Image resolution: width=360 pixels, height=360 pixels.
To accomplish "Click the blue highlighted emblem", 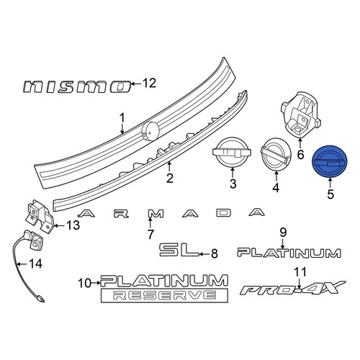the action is click(x=330, y=161).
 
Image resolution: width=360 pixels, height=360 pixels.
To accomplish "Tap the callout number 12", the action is click(x=149, y=84).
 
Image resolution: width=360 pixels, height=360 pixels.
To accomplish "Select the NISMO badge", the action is click(x=77, y=86).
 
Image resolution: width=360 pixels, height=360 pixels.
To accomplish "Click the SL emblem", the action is click(x=179, y=250).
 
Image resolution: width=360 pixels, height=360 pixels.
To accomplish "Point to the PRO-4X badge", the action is click(x=293, y=288).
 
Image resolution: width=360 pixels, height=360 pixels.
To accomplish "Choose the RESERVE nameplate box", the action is click(x=164, y=295).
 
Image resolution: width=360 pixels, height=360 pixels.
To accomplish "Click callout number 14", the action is click(x=35, y=264).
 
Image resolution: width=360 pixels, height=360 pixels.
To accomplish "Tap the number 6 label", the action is click(x=300, y=154).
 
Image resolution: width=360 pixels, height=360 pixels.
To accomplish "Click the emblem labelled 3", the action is click(x=232, y=152).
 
